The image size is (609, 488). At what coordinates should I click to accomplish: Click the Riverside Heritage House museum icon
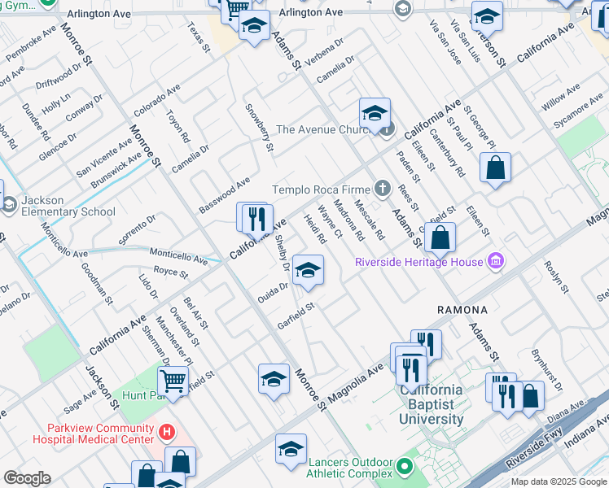(494, 262)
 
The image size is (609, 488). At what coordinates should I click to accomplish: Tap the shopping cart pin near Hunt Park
(173, 379)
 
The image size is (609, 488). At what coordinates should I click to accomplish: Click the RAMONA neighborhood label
(462, 310)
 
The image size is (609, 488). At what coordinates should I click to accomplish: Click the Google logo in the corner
(27, 478)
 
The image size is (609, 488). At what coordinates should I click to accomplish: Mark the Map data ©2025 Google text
(558, 481)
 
